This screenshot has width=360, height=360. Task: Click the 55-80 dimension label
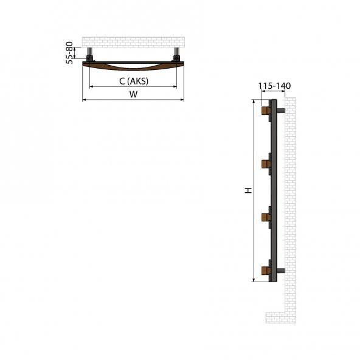click(x=71, y=52)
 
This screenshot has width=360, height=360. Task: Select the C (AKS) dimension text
click(x=133, y=80)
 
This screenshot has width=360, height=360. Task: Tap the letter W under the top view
click(x=133, y=94)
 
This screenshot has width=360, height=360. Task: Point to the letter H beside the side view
click(x=247, y=191)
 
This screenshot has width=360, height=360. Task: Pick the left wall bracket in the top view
click(x=90, y=58)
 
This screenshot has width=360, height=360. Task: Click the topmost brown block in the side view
click(x=265, y=112)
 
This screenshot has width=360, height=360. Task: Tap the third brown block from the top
click(x=265, y=216)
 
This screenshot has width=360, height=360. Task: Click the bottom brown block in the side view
click(x=265, y=270)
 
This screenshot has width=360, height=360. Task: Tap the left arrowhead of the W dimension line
click(x=84, y=100)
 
